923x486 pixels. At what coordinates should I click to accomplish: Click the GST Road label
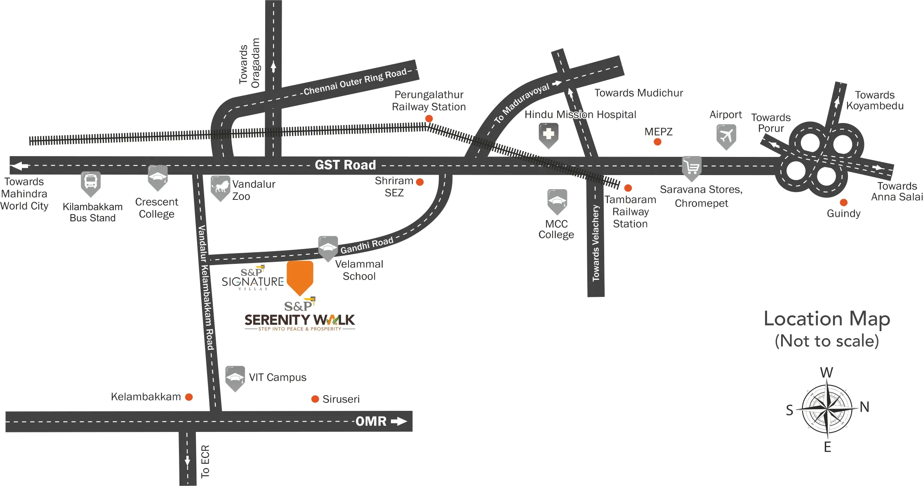(x=345, y=165)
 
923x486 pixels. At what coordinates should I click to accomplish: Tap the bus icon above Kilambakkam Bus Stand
(x=91, y=182)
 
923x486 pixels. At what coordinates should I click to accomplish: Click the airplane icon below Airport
(x=726, y=135)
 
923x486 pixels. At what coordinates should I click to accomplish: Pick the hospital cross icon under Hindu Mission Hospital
(x=549, y=133)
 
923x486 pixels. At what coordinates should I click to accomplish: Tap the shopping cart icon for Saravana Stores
(x=692, y=167)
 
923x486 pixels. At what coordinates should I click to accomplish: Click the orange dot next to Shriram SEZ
(x=420, y=182)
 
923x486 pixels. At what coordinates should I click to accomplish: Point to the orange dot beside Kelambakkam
(x=189, y=397)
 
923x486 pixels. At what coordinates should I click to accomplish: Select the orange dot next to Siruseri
(x=315, y=399)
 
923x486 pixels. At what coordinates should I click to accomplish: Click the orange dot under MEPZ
(x=657, y=142)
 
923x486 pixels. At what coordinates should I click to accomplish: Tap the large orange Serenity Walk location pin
(x=300, y=275)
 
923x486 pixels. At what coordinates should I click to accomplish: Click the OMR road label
(x=371, y=421)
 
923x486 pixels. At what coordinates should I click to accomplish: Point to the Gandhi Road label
(x=367, y=246)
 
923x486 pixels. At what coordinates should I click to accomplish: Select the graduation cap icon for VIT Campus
(x=235, y=377)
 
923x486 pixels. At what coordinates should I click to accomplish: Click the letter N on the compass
(x=864, y=407)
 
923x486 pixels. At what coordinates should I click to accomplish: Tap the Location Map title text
(x=826, y=319)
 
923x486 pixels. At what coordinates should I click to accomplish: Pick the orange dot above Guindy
(x=843, y=202)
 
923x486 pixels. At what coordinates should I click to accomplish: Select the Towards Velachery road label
(x=596, y=244)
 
